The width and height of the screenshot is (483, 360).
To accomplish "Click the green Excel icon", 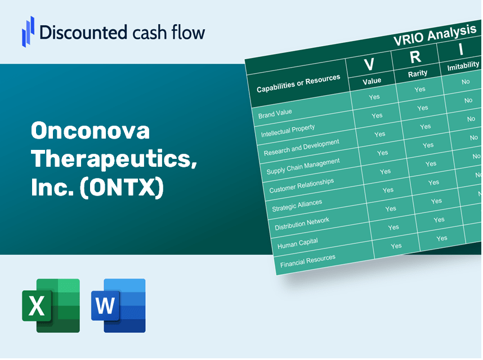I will point(51,306).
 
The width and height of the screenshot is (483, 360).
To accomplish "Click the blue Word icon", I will point(118,306).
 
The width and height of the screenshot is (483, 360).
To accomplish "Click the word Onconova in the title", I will point(91,131).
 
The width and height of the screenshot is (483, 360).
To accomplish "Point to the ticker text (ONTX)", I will point(123,188).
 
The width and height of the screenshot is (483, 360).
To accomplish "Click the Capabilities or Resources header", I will point(298,84).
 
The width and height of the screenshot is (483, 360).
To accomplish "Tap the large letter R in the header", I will point(415,57).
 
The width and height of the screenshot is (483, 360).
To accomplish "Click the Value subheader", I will point(372,81).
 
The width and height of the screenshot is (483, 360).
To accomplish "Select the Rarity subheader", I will point(418,73).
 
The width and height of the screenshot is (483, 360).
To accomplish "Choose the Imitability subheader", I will point(463,67).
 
